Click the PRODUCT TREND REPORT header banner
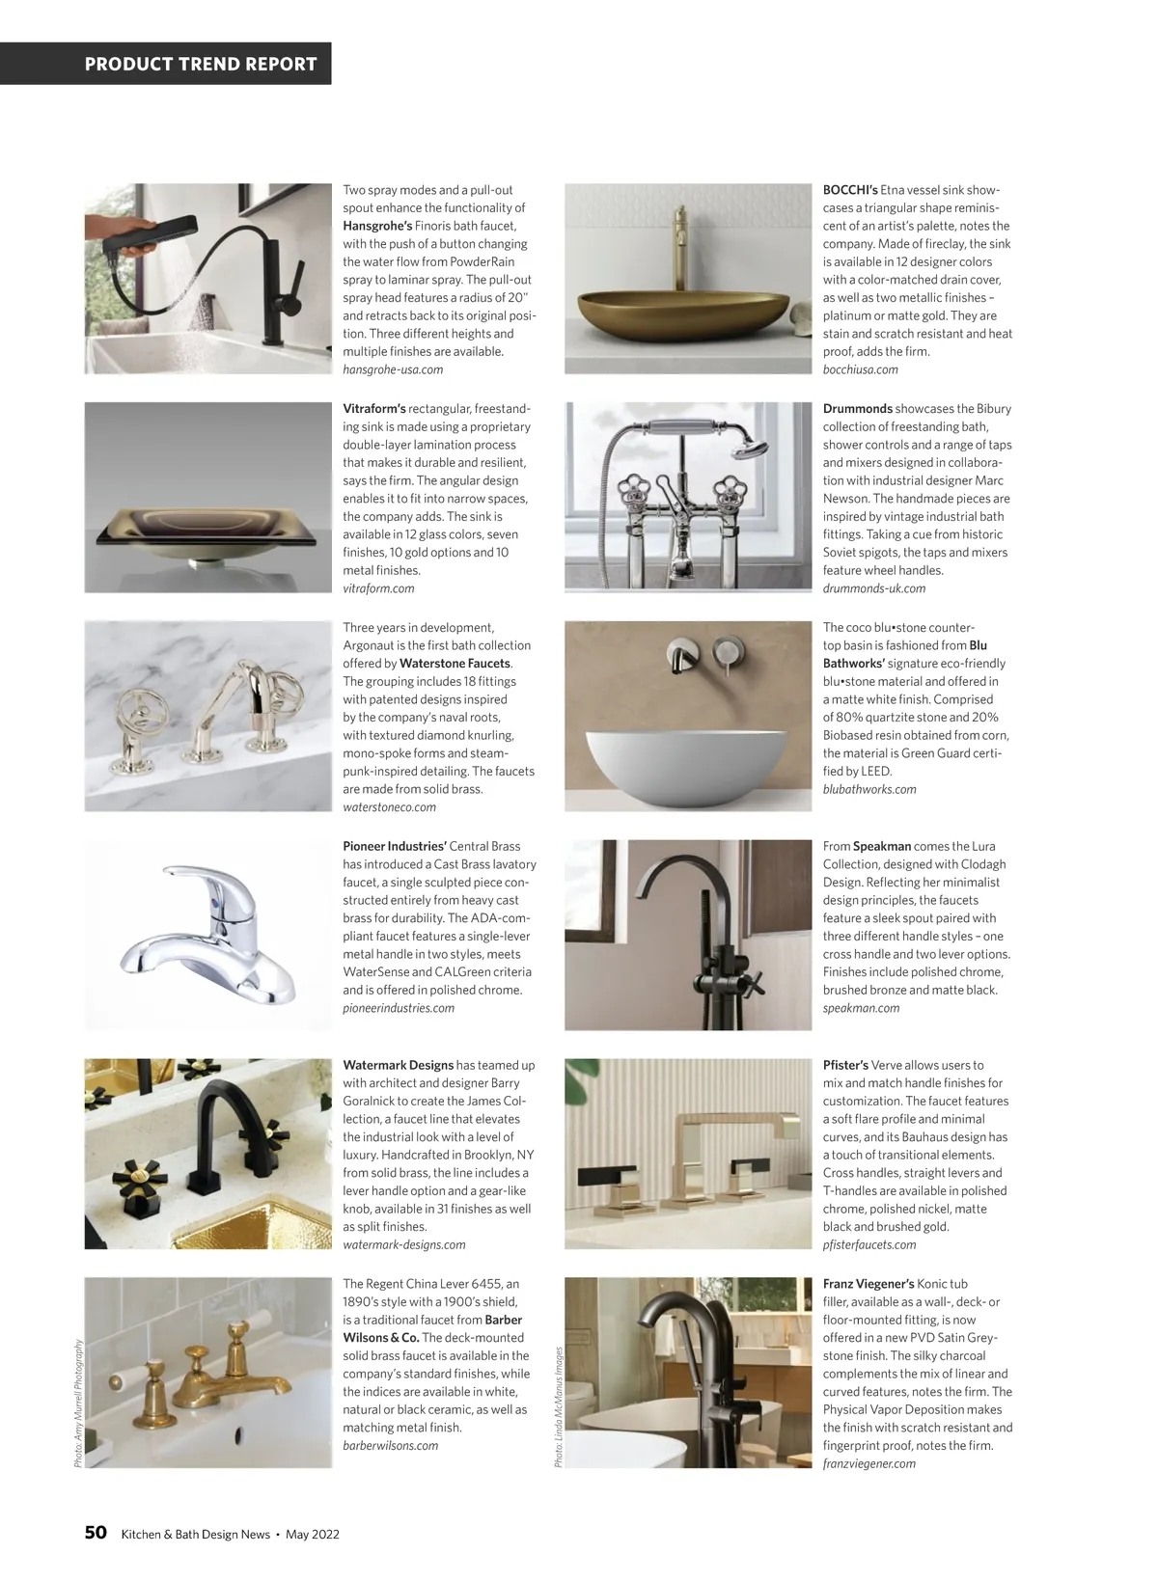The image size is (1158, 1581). click(x=201, y=65)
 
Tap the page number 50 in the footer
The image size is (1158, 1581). click(x=96, y=1533)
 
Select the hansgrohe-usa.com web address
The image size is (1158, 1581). click(x=393, y=369)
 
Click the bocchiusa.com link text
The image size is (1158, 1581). click(x=860, y=369)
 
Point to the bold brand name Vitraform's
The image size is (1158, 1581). click(x=374, y=409)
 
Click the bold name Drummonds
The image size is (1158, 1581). click(x=857, y=409)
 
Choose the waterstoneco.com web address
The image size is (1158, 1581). click(x=389, y=807)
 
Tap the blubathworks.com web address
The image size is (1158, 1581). click(x=869, y=789)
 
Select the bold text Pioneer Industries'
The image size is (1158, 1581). click(x=394, y=847)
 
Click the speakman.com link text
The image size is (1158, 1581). click(x=861, y=1008)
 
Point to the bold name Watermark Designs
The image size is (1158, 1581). click(x=398, y=1066)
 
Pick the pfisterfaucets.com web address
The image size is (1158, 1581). click(x=869, y=1244)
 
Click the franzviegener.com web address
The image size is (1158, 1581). click(x=869, y=1463)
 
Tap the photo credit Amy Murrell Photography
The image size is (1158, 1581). click(x=78, y=1404)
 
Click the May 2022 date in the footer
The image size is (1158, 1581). click(x=313, y=1535)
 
